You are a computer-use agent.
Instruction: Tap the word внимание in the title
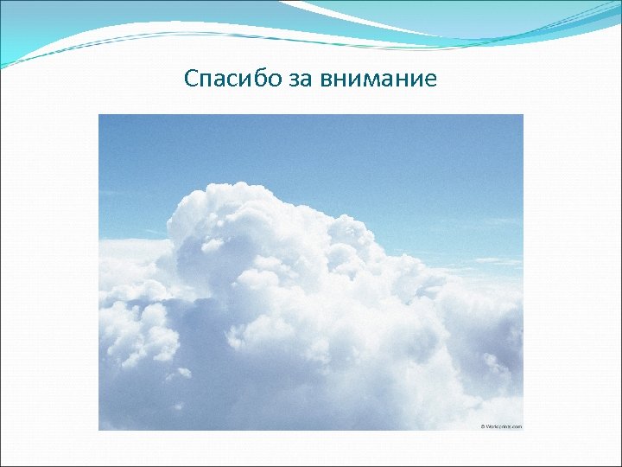click(378, 80)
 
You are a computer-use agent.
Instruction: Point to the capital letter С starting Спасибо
click(192, 80)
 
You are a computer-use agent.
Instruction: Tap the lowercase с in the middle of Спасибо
click(222, 80)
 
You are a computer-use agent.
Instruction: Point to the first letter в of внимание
click(324, 80)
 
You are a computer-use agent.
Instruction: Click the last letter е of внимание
click(432, 80)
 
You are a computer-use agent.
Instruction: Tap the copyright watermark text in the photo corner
click(501, 425)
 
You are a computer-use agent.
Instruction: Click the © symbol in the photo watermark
click(482, 425)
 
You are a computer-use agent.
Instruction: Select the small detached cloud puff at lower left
click(183, 373)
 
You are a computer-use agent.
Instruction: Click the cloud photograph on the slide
click(311, 272)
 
